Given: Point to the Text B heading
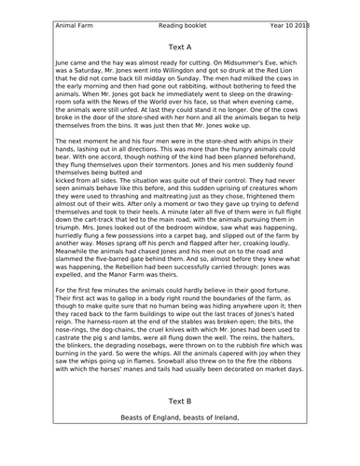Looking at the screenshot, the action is tap(180, 402).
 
